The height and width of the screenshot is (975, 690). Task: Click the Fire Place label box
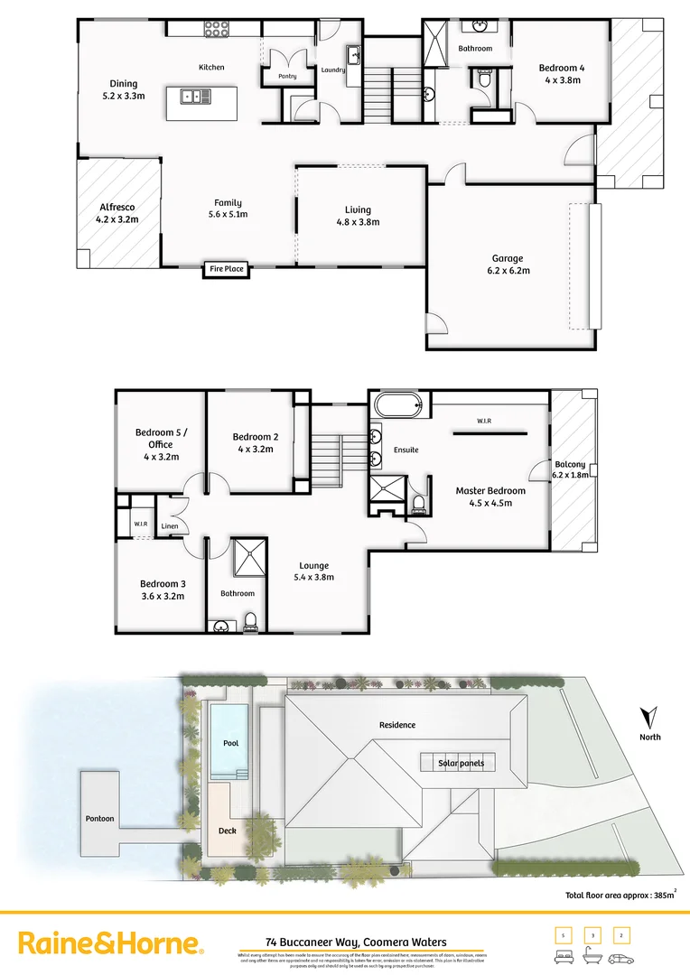pos(227,269)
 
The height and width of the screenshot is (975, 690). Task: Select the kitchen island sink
pos(191,95)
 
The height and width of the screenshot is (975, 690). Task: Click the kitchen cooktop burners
pos(217,31)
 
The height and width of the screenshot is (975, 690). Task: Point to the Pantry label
pos(287,77)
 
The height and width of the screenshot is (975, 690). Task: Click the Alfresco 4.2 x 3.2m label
pos(116,213)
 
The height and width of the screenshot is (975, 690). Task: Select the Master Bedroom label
pos(490,497)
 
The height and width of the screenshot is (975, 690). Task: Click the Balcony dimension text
pos(571,475)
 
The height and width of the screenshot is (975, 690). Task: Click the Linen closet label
pos(170,526)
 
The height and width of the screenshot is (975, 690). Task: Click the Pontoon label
pos(99,819)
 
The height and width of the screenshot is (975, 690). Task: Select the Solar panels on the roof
pos(457,763)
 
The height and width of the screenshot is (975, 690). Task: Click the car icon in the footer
pos(621,959)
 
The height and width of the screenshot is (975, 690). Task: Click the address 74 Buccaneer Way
pos(356,942)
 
